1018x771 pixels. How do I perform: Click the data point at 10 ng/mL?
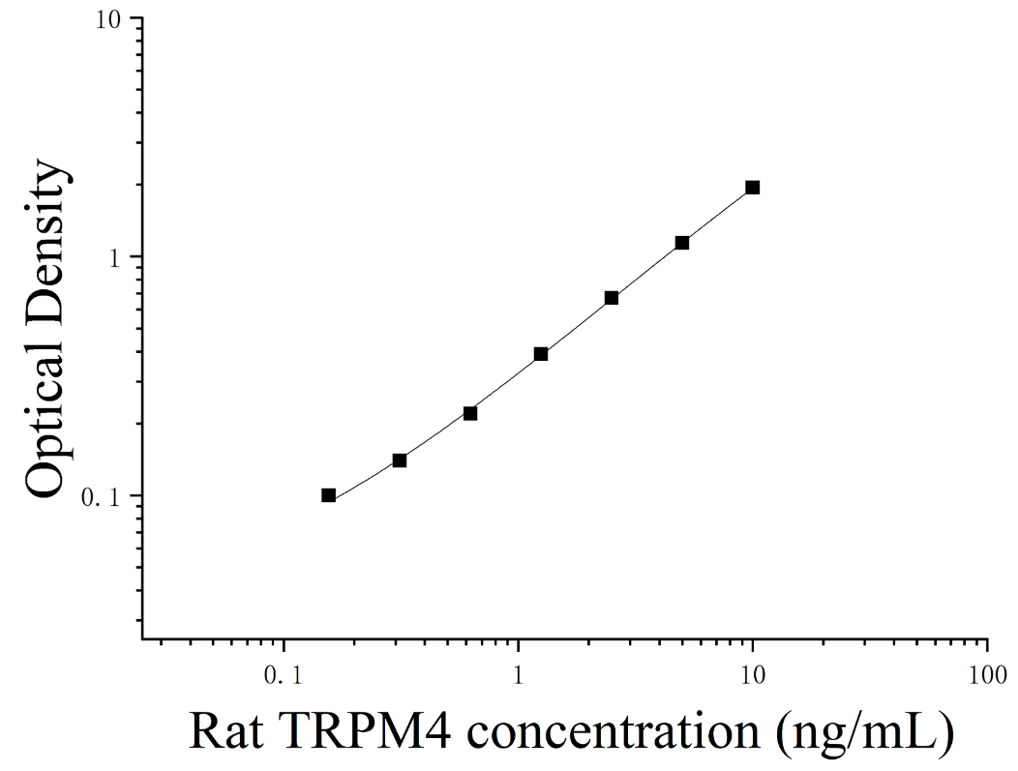click(753, 188)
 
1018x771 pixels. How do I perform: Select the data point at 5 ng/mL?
click(681, 243)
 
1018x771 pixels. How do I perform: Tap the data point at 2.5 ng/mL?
click(612, 298)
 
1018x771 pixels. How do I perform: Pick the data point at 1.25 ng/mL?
click(541, 354)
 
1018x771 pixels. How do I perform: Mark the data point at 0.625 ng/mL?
click(470, 413)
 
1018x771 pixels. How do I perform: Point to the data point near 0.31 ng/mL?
click(400, 460)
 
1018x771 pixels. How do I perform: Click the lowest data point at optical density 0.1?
click(328, 495)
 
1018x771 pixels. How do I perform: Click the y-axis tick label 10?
click(110, 20)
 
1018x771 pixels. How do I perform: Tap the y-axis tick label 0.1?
click(103, 497)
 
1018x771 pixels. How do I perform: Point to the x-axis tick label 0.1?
click(284, 675)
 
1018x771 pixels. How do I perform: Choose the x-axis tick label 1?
click(518, 675)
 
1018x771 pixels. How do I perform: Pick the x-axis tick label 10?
click(753, 675)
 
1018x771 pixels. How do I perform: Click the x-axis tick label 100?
click(987, 675)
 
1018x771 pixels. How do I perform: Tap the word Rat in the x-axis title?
click(226, 731)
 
